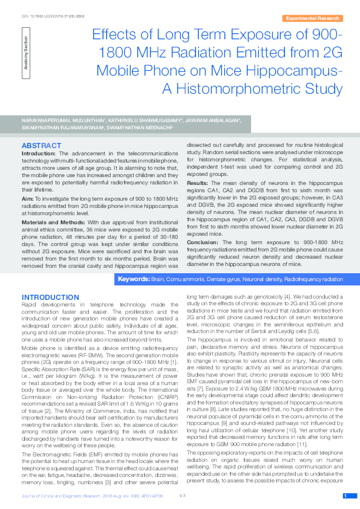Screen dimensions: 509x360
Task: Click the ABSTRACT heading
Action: click(41, 146)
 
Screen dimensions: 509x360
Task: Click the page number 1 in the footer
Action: click(345, 496)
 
